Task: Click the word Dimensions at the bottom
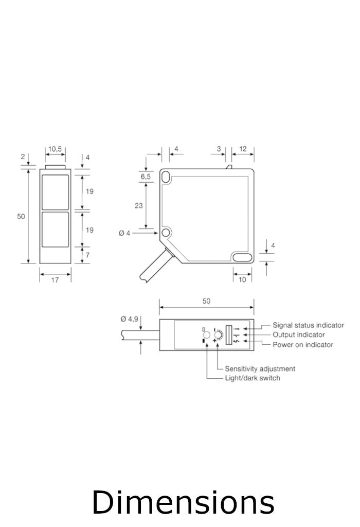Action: click(183, 503)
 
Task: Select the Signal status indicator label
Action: click(308, 325)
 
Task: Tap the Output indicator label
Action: click(299, 335)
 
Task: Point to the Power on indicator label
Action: click(303, 345)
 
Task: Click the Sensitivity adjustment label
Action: click(260, 368)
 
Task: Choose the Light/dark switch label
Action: click(253, 378)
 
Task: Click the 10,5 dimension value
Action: click(55, 149)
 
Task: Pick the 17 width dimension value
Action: click(55, 280)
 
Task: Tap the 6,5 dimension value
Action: click(146, 177)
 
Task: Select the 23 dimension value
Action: click(139, 205)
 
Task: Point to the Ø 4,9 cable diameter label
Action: click(130, 319)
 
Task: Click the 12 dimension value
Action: click(243, 149)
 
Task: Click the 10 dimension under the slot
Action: click(242, 280)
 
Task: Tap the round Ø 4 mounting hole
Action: click(166, 233)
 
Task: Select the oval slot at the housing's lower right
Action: click(242, 257)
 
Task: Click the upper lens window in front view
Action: click(55, 192)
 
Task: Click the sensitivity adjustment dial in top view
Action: click(218, 335)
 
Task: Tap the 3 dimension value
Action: click(219, 149)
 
